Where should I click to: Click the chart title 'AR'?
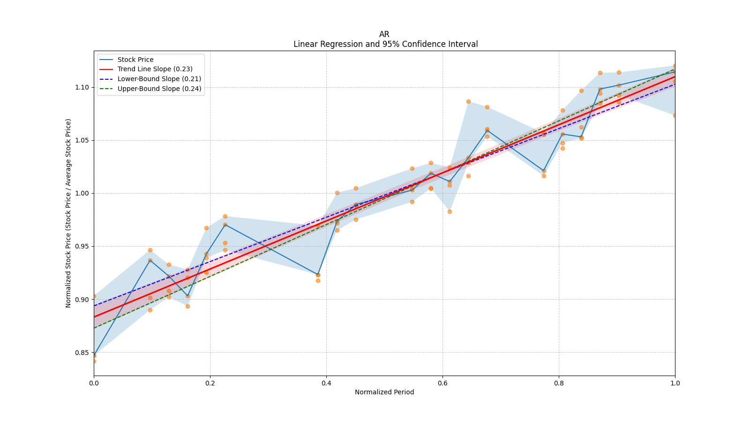384,34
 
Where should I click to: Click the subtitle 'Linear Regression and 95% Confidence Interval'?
385,44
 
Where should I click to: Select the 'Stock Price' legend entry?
135,60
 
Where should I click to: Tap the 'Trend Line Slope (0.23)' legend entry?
155,69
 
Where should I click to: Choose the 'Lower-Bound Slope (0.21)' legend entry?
159,79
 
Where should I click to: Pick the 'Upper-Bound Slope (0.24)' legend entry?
159,89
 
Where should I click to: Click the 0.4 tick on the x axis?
326,383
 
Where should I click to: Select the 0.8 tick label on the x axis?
559,383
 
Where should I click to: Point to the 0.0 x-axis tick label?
94,383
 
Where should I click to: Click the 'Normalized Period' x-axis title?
384,392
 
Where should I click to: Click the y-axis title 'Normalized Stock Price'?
68,213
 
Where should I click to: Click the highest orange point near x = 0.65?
468,101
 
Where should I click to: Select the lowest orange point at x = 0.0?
94,361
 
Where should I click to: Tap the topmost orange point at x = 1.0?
675,66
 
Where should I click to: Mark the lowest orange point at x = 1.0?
675,115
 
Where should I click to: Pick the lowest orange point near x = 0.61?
450,211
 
